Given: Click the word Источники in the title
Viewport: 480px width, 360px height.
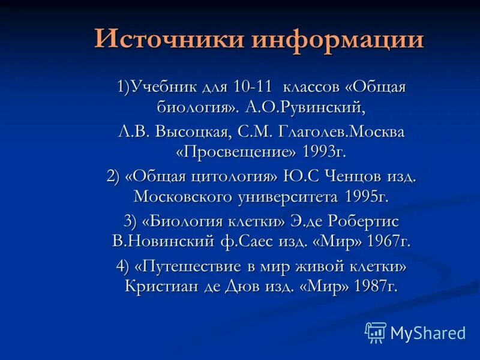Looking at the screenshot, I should [x=169, y=40].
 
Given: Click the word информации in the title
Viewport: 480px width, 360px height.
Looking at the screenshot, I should [x=338, y=40].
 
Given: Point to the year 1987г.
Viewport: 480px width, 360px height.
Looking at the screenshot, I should [x=376, y=286].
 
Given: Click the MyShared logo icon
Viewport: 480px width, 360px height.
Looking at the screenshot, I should [x=375, y=332].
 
